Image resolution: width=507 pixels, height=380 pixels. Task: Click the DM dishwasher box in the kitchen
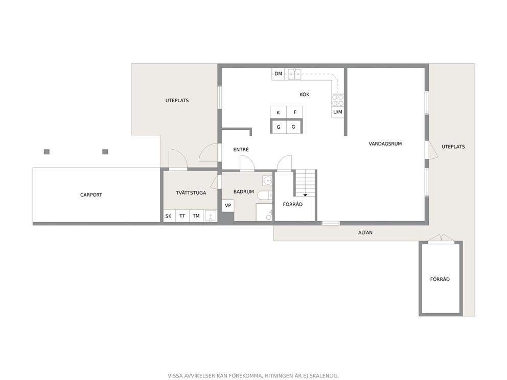[279, 74]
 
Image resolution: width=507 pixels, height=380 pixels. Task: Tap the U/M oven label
[337, 112]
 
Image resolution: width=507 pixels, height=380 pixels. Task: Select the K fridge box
[279, 112]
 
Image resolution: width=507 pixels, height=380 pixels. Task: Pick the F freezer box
[295, 112]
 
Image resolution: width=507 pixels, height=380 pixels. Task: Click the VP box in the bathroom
[228, 205]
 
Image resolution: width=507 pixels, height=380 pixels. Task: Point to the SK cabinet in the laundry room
[169, 216]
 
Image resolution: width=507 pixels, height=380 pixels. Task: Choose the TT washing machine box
[182, 216]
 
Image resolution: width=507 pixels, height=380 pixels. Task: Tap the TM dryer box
[196, 216]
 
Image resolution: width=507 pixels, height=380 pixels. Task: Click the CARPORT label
[91, 195]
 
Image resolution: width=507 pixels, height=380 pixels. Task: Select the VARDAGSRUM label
[385, 144]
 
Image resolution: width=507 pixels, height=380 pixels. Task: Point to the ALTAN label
[365, 232]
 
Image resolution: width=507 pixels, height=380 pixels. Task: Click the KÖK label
[305, 94]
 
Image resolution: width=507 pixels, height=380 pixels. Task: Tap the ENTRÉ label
[241, 150]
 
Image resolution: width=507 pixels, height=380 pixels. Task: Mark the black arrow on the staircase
[305, 195]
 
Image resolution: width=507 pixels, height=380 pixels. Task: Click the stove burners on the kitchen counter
[338, 100]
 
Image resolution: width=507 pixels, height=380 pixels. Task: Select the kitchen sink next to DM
[294, 74]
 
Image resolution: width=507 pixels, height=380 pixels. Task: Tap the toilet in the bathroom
[265, 195]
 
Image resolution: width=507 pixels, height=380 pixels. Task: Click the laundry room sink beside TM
[211, 216]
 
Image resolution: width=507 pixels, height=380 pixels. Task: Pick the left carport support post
[47, 152]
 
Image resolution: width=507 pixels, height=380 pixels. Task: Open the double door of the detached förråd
[441, 239]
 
